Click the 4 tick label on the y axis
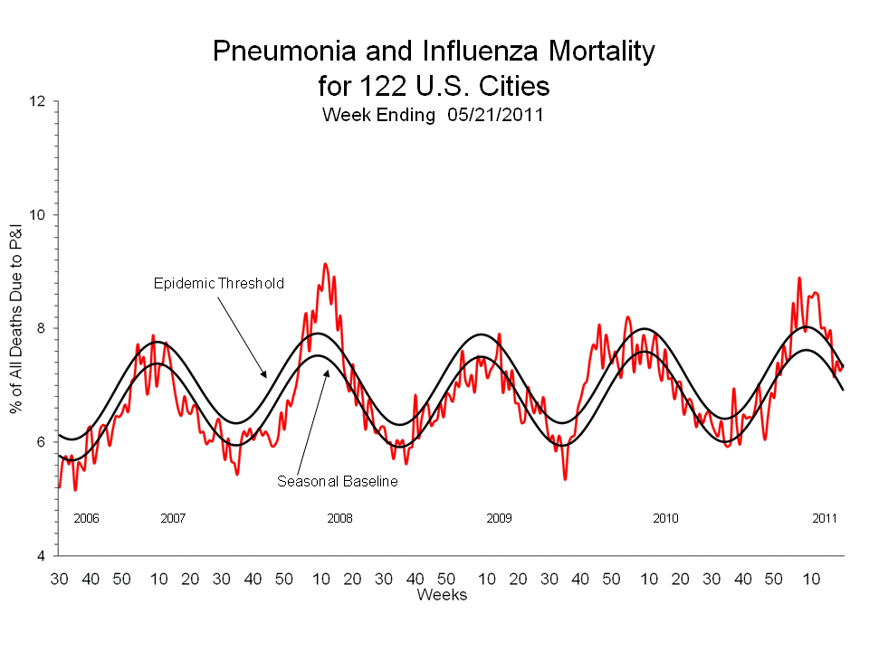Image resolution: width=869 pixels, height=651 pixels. (42, 555)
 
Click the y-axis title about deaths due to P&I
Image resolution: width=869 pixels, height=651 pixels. (15, 328)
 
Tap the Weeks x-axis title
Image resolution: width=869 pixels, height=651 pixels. (442, 594)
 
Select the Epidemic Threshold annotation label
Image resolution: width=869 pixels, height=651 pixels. (217, 283)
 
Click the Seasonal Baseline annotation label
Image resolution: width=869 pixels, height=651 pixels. (337, 481)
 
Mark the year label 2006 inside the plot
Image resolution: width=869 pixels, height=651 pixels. (86, 519)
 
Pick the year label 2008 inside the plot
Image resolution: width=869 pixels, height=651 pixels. (339, 519)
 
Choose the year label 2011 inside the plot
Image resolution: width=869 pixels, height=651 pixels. (825, 519)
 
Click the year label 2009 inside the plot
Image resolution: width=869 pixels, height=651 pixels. (499, 519)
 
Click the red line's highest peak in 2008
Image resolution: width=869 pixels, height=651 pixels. (325, 264)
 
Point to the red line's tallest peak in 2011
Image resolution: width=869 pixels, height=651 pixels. (799, 278)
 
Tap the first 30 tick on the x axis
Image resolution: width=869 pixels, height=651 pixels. (59, 578)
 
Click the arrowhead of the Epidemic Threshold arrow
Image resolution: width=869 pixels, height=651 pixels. (265, 375)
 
